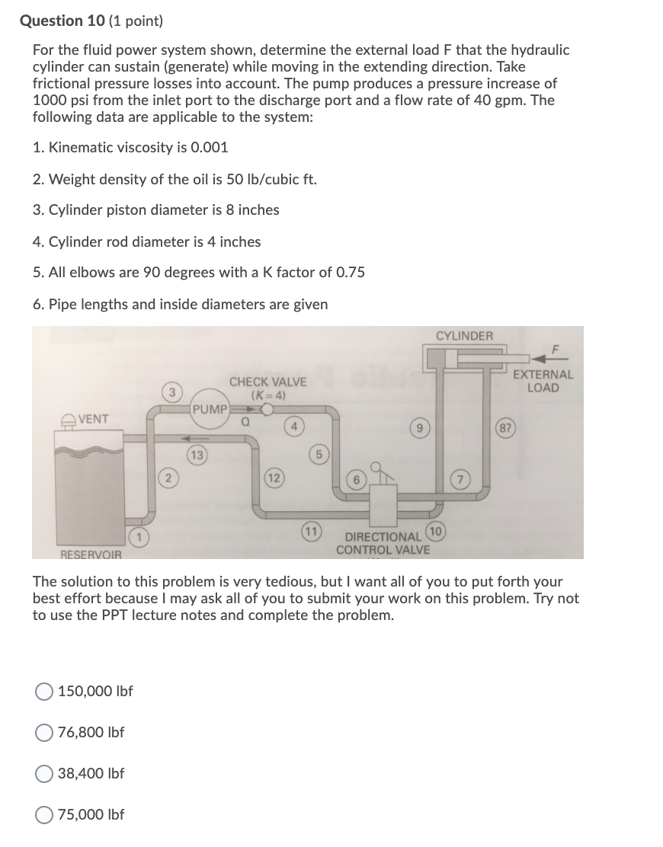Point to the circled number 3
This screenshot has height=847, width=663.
(173, 392)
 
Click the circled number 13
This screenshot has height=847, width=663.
(197, 455)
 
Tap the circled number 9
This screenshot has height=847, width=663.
(419, 428)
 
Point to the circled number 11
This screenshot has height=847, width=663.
(311, 530)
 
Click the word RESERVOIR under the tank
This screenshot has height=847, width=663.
(91, 554)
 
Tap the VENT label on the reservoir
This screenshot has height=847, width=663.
(92, 419)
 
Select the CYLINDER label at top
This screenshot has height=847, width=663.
(464, 336)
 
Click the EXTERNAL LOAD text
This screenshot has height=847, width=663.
(543, 381)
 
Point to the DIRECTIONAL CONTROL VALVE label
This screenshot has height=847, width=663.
(383, 543)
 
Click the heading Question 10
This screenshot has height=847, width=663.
(66, 21)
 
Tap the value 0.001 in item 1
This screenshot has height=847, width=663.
(208, 148)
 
